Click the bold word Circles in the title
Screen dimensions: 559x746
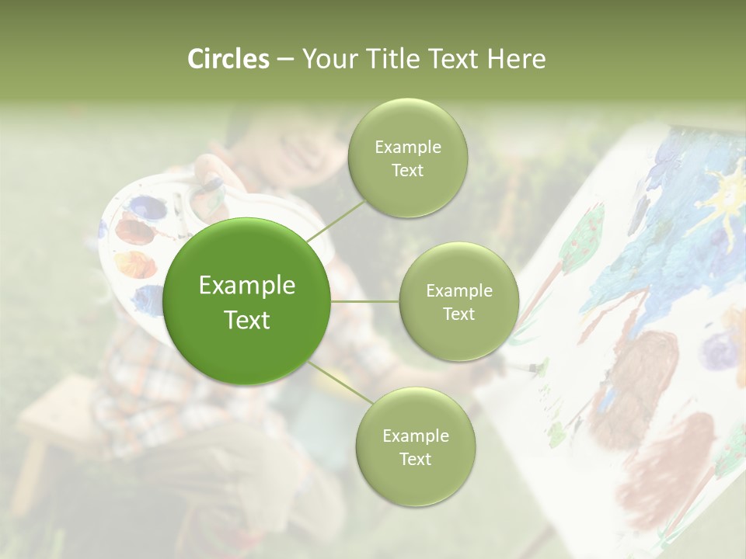click(x=228, y=59)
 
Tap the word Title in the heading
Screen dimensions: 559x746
click(x=387, y=59)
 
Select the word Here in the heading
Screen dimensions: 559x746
click(x=516, y=59)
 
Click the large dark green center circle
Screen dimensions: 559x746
click(x=247, y=301)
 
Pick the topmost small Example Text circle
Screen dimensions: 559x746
click(x=407, y=158)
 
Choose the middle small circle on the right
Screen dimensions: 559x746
click(x=458, y=301)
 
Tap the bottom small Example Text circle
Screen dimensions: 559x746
click(x=415, y=446)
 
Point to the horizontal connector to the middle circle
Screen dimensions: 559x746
click(x=365, y=301)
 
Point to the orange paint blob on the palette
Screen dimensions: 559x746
click(x=135, y=264)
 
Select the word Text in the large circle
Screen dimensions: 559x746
click(x=247, y=320)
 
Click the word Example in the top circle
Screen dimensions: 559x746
click(x=408, y=147)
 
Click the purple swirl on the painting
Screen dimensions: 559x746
click(x=719, y=351)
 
